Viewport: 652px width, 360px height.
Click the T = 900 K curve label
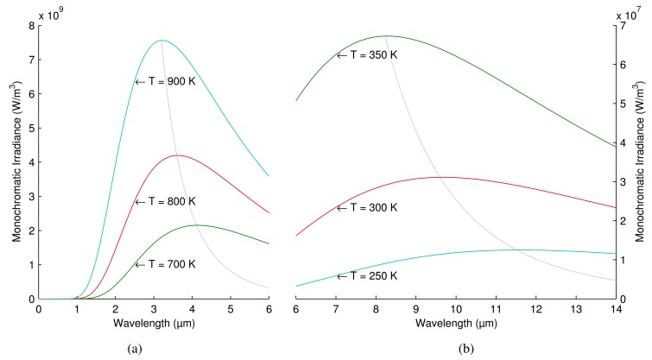pos(166,82)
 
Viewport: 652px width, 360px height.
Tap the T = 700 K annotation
pos(166,265)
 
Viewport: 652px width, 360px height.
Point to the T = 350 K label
pos(367,54)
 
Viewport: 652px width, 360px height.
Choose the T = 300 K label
pos(367,207)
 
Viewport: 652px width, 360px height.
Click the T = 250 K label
pos(367,275)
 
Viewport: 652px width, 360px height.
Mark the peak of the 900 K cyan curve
pos(161,41)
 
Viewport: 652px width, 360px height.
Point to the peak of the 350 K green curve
pos(385,36)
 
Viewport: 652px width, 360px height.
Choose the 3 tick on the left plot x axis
pos(154,308)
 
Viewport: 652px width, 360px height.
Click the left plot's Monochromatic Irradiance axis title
pos(13,162)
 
